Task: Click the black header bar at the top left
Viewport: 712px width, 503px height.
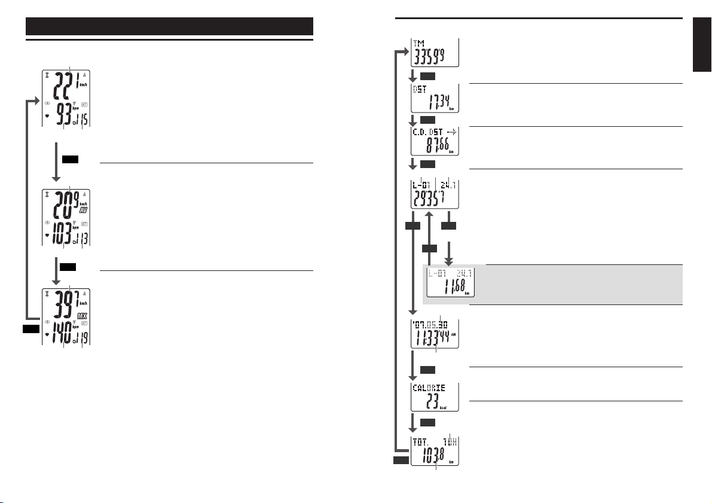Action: [170, 27]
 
